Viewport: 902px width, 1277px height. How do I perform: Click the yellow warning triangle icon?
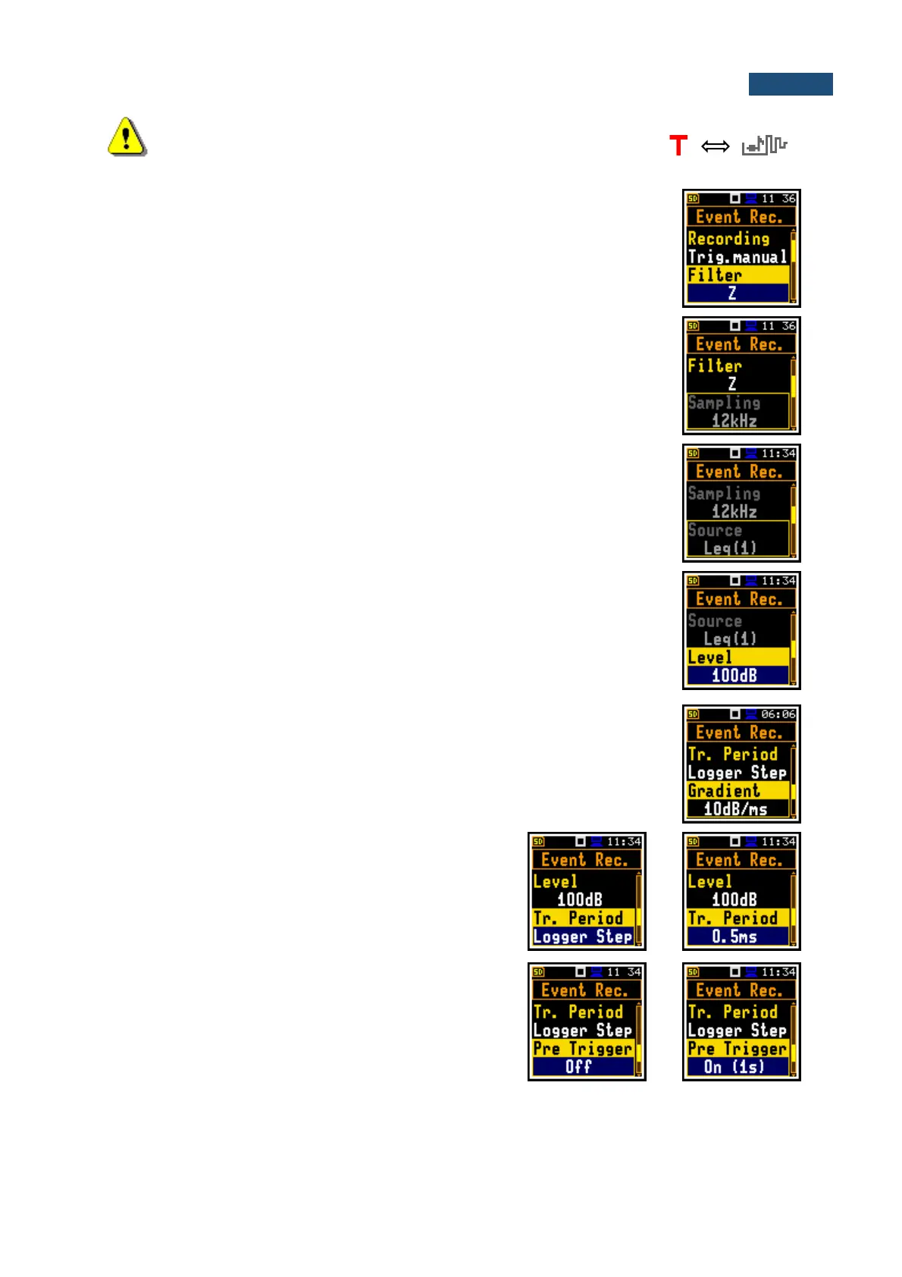127,137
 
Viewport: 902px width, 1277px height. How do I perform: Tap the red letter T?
678,145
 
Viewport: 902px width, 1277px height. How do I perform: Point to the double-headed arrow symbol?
715,146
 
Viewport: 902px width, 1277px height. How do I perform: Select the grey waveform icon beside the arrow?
764,145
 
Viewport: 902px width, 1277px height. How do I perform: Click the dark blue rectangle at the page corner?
790,84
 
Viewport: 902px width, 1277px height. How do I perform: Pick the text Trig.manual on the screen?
737,257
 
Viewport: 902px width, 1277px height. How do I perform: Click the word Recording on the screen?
728,238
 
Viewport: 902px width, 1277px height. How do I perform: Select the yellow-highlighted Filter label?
715,275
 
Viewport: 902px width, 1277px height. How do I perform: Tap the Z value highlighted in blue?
732,293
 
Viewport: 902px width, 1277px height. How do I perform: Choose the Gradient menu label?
724,791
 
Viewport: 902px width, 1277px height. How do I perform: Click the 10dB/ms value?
735,809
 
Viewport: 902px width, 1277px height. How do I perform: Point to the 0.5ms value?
734,937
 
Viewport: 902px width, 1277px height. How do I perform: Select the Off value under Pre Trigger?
578,1067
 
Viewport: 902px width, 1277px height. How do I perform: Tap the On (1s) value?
734,1067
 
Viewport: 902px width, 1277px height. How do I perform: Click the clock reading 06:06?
778,714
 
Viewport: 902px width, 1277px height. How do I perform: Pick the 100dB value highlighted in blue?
734,676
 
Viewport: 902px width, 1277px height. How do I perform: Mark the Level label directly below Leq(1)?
710,657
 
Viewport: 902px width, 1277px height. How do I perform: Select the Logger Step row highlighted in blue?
582,937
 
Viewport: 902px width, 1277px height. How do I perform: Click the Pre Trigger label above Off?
582,1049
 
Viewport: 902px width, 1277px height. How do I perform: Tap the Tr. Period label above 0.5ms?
732,918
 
